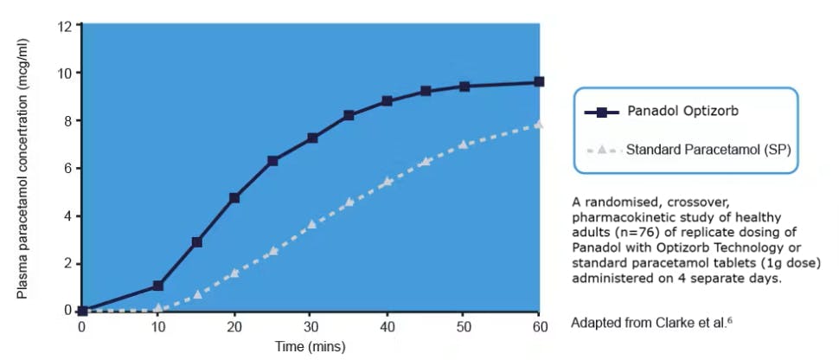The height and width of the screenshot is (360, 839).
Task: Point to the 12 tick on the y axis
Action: click(x=66, y=26)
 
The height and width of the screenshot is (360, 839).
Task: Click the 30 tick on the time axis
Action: click(x=311, y=326)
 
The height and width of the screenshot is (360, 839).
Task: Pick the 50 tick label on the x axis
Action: click(x=463, y=326)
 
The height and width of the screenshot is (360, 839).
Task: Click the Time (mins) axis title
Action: click(x=311, y=346)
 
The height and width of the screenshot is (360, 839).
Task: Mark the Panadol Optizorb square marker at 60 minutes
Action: click(x=539, y=81)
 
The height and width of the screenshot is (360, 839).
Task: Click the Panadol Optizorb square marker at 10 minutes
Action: click(x=158, y=285)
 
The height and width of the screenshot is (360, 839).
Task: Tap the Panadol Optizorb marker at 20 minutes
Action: click(x=234, y=197)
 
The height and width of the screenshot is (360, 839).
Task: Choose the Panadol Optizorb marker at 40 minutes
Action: click(x=387, y=100)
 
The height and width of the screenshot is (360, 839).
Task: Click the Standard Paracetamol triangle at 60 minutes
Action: click(x=539, y=124)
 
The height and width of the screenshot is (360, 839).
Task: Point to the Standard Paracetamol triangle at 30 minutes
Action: click(x=311, y=224)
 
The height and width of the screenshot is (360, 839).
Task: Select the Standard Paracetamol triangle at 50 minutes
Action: click(x=463, y=144)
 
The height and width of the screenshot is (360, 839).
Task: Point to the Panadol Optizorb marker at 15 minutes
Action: click(x=196, y=242)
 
